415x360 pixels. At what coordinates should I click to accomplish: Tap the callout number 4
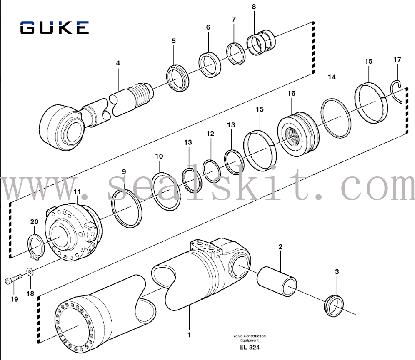118,63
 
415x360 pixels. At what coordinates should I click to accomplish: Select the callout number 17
397,60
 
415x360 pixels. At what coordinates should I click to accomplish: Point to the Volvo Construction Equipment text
249,338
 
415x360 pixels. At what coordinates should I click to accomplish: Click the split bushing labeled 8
261,43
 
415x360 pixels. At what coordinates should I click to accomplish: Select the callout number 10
159,156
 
